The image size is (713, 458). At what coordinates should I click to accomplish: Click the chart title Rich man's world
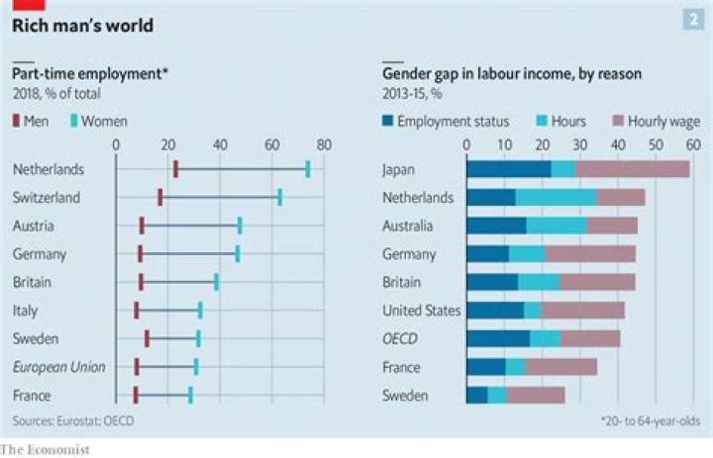click(82, 25)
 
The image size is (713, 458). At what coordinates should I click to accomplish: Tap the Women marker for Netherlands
click(308, 169)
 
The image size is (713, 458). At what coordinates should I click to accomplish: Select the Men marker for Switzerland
click(160, 198)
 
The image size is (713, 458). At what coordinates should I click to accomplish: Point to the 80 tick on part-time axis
click(323, 144)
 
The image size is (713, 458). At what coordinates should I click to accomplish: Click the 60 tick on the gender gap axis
click(693, 144)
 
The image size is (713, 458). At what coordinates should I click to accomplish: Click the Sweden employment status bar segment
click(477, 396)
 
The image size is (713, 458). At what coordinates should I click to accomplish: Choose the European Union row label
click(58, 367)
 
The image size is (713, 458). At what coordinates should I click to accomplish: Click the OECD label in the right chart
click(400, 339)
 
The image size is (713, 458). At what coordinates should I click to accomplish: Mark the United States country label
click(421, 311)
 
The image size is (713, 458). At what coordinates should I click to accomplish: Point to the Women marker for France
click(190, 396)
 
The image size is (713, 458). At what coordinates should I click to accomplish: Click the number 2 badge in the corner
click(690, 21)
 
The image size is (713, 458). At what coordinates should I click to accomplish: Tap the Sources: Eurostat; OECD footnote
click(73, 421)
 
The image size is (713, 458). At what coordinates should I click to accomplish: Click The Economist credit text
click(46, 450)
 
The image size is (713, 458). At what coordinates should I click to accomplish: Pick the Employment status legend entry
click(446, 122)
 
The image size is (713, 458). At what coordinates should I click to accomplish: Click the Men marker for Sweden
click(147, 339)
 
